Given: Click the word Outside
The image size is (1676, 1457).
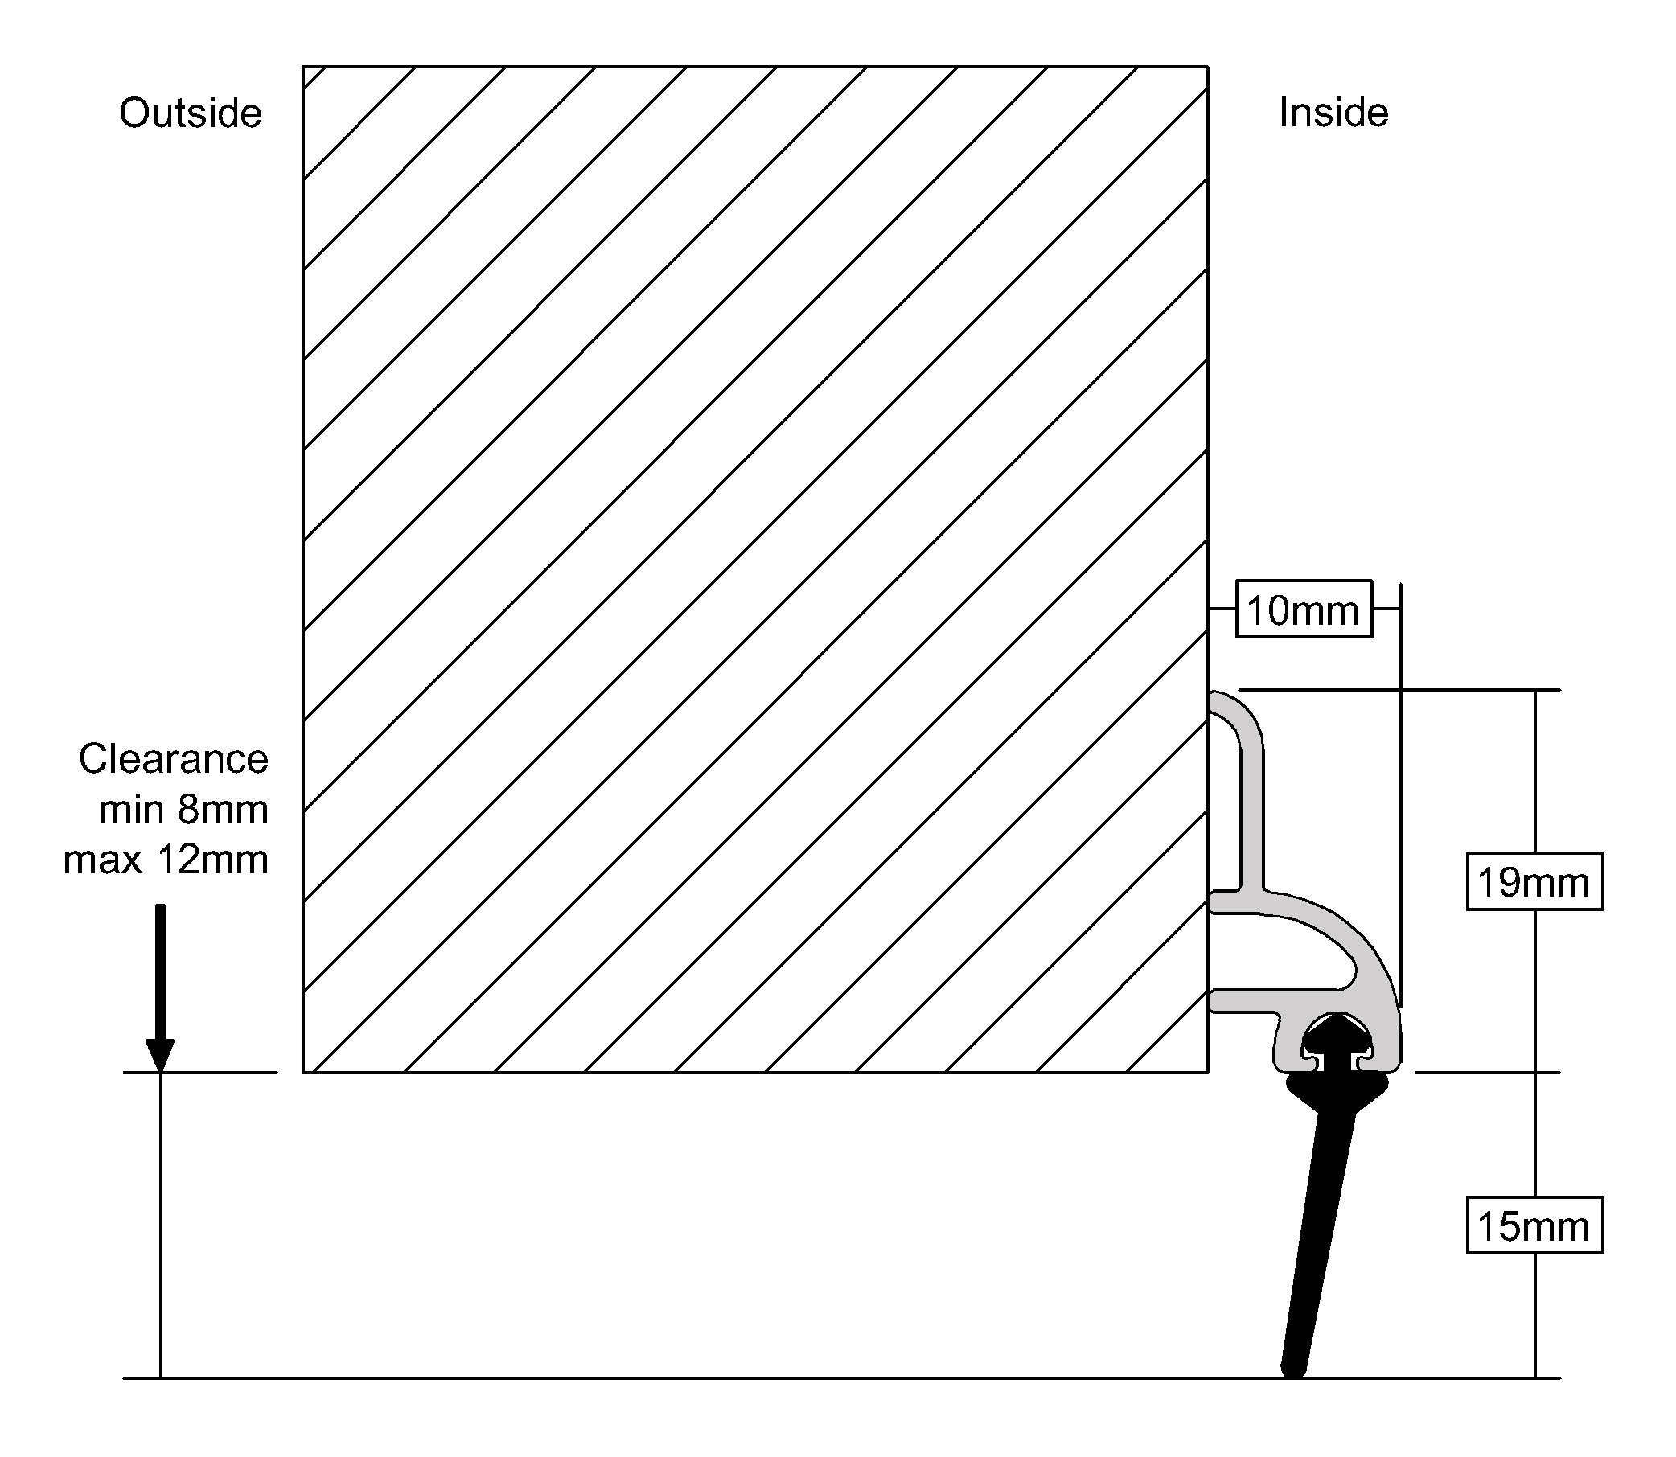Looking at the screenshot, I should coord(191,113).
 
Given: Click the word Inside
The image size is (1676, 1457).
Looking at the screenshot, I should coord(1333,113).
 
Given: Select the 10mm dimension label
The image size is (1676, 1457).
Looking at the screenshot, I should coord(1303,609).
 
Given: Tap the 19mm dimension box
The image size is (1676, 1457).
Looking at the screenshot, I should coord(1534,881).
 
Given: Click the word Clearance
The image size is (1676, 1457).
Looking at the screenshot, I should coord(173,759).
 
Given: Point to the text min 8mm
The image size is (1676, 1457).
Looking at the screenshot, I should coord(183,810).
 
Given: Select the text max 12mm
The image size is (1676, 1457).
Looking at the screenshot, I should coord(166,860).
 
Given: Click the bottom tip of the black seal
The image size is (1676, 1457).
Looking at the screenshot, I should coord(1294,1369).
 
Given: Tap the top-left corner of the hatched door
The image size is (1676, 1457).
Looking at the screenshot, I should coord(303,67).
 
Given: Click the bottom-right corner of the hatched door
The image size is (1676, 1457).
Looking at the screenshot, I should coord(1208,1073).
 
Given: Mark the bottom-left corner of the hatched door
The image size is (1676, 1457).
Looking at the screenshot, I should coord(303,1073).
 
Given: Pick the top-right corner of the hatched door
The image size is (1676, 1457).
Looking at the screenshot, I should coord(1208,67).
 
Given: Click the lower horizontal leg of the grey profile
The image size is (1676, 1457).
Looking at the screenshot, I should coord(1244,1001).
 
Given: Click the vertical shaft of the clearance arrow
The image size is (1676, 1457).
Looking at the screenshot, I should coord(160,967).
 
